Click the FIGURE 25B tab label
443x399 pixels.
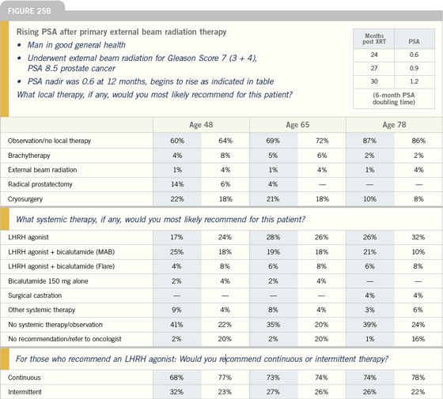pyautogui.click(x=29, y=11)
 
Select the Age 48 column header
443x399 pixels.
pyautogui.click(x=201, y=125)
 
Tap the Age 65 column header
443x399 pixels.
pyautogui.click(x=297, y=125)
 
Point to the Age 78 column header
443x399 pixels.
pyautogui.click(x=394, y=125)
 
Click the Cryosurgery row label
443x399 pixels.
pyautogui.click(x=25, y=199)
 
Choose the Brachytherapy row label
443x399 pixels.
pyautogui.click(x=28, y=156)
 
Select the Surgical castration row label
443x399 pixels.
pyautogui.click(x=35, y=295)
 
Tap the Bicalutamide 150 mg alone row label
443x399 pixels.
pyautogui.click(x=48, y=281)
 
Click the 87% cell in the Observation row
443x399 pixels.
pyautogui.click(x=369, y=141)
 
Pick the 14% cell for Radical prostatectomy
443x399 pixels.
pyautogui.click(x=177, y=184)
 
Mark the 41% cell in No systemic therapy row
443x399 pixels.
pyautogui.click(x=176, y=325)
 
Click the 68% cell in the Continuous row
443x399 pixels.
pyautogui.click(x=176, y=378)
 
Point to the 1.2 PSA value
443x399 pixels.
pyautogui.click(x=414, y=81)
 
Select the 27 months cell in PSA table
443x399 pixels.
pyautogui.click(x=374, y=68)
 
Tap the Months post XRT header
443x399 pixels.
pyautogui.click(x=374, y=39)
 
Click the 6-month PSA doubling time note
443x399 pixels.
pyautogui.click(x=394, y=99)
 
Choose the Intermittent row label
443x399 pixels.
pyautogui.click(x=25, y=392)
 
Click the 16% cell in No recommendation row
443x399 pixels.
pyautogui.click(x=418, y=339)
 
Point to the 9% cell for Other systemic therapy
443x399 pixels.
pyautogui.click(x=176, y=310)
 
